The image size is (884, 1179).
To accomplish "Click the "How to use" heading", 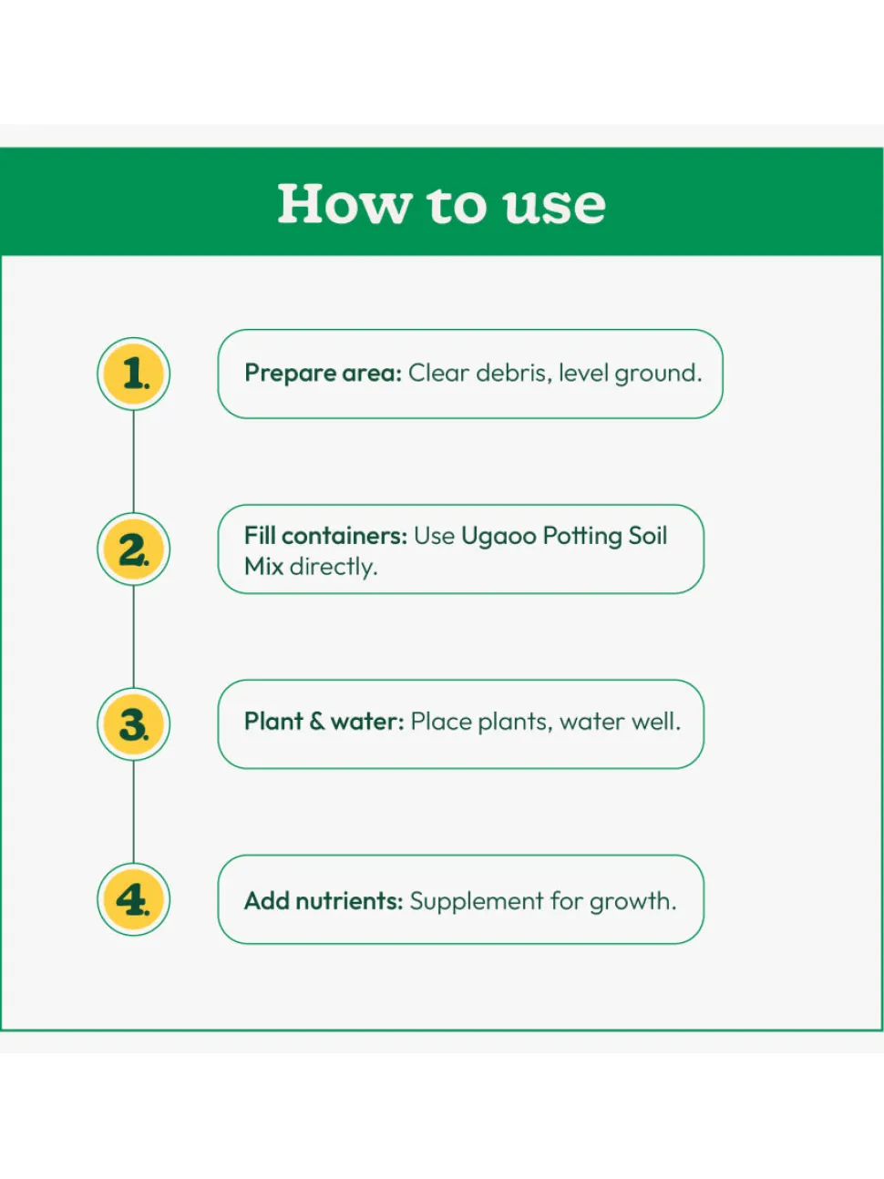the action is pos(441,204).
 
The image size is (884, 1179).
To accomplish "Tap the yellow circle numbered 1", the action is pos(134,374).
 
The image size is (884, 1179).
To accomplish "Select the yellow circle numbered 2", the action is pos(134,548).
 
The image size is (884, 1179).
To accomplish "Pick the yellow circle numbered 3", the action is pos(134,724).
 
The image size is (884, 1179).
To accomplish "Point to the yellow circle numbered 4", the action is pos(134,899).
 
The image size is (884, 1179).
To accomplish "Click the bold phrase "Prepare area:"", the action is pos(323,374).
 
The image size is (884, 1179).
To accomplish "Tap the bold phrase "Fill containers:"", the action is pos(326,536).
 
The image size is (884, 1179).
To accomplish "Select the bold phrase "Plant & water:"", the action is pos(324,722).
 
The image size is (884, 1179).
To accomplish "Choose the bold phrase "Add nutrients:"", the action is pos(324,901).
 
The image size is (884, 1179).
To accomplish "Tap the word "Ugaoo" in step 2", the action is pos(499,537).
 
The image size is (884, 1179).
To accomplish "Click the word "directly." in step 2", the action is pos(334,567).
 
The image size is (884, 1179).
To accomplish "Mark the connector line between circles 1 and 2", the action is pos(134,461).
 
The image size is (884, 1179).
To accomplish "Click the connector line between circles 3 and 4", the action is pos(134,812).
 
